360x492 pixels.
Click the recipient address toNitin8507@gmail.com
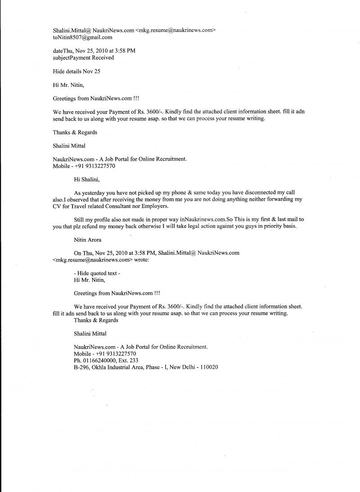point(82,37)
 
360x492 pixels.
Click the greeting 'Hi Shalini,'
point(87,179)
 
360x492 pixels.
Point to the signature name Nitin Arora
point(87,240)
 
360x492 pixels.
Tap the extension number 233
point(133,361)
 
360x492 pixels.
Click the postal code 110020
point(208,367)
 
